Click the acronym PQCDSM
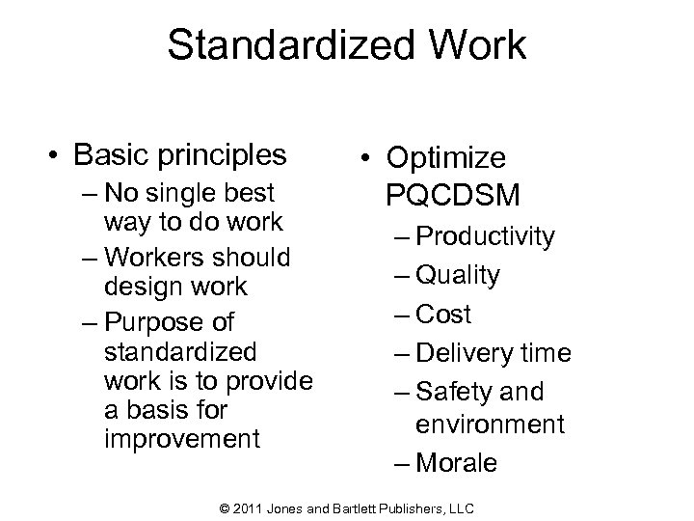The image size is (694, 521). (x=453, y=197)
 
